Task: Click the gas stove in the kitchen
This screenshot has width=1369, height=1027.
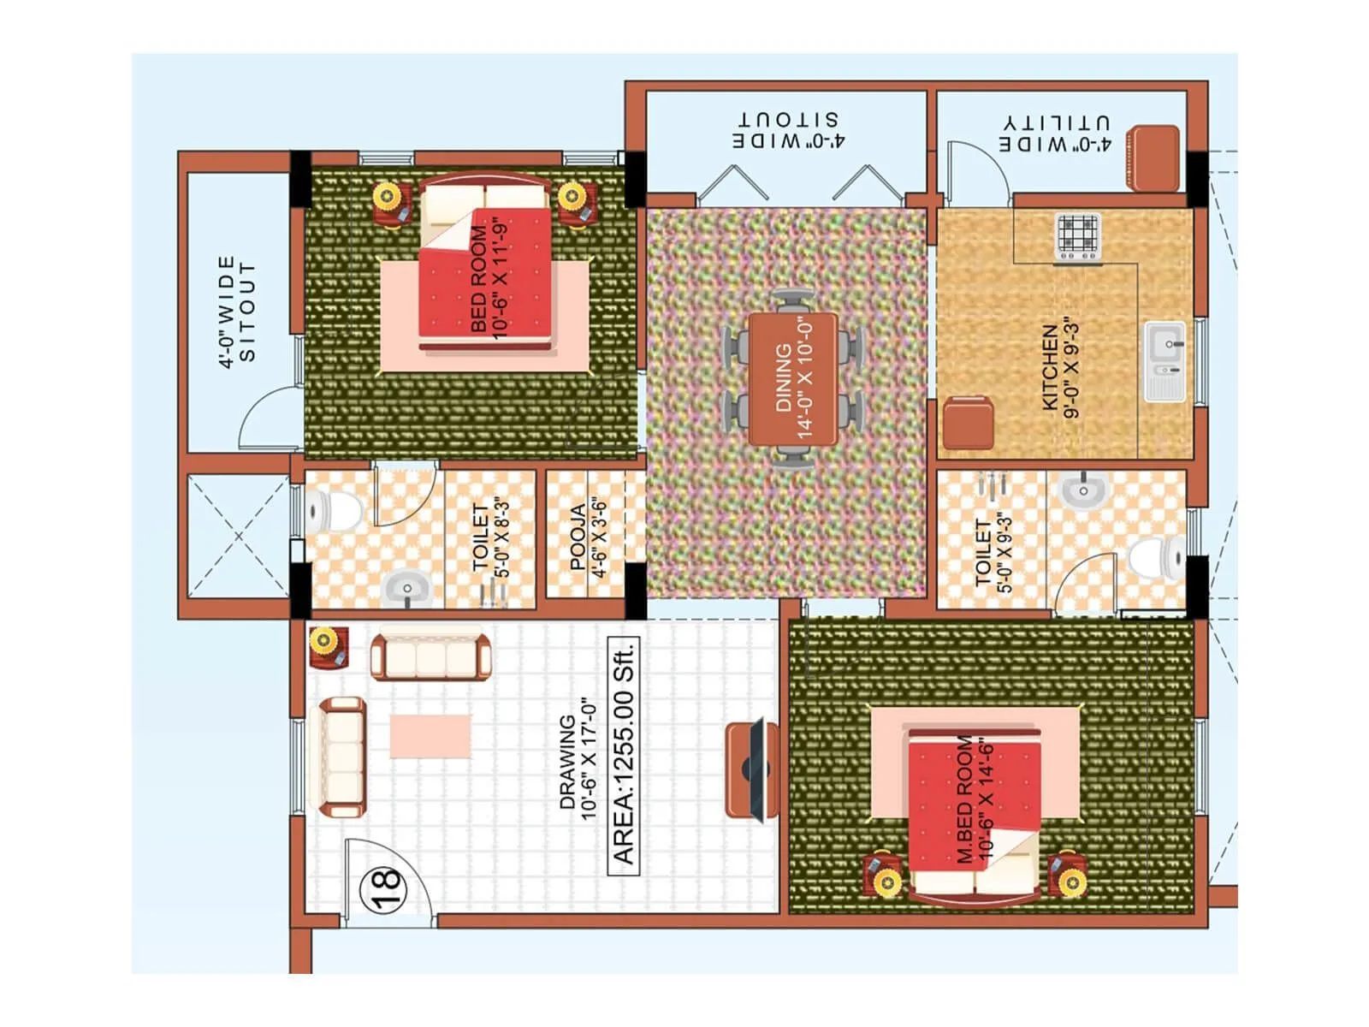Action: pyautogui.click(x=1077, y=236)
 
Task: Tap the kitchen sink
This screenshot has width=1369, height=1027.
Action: pyautogui.click(x=1165, y=360)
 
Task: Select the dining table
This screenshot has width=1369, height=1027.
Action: pyautogui.click(x=793, y=379)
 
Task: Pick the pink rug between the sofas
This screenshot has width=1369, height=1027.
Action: pyautogui.click(x=430, y=737)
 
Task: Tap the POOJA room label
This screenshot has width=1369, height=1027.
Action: pyautogui.click(x=588, y=537)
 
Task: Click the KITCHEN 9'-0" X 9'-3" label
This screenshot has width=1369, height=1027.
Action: pyautogui.click(x=1060, y=368)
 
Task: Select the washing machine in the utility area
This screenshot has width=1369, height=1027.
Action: pyautogui.click(x=1153, y=157)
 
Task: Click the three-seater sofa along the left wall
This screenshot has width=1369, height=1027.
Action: pyautogui.click(x=343, y=757)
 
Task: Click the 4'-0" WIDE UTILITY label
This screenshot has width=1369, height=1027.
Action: pyautogui.click(x=1056, y=134)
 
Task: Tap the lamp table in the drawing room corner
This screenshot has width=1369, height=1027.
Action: pyautogui.click(x=328, y=647)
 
